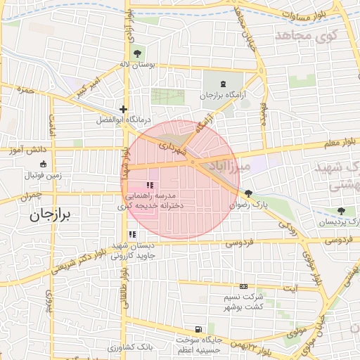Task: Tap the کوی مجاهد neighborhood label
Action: pyautogui.click(x=307, y=34)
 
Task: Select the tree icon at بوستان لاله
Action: pyautogui.click(x=136, y=53)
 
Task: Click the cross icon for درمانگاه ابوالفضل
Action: pyautogui.click(x=124, y=109)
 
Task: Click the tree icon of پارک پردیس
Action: pyautogui.click(x=341, y=210)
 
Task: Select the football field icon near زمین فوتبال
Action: pyautogui.click(x=44, y=165)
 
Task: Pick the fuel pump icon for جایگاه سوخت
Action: pyautogui.click(x=199, y=329)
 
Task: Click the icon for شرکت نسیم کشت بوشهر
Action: pyautogui.click(x=243, y=287)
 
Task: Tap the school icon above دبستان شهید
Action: pyautogui.click(x=131, y=235)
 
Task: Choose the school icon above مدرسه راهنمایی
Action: pyautogui.click(x=150, y=184)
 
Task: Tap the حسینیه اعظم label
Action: pyautogui.click(x=202, y=349)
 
